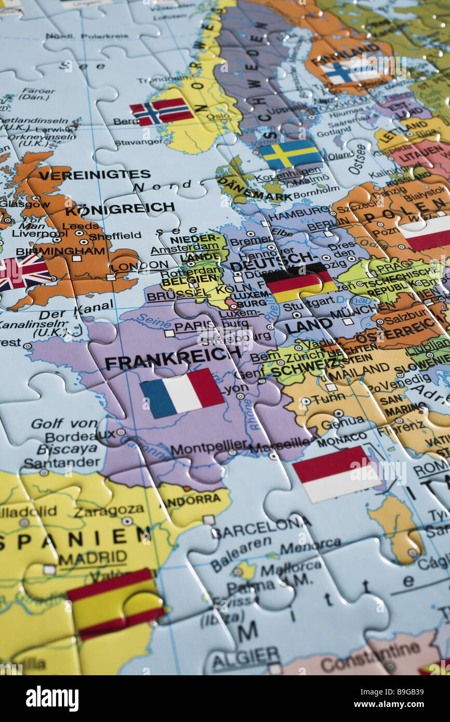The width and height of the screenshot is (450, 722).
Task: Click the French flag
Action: [182, 393]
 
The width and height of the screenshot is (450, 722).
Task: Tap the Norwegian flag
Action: [162, 111]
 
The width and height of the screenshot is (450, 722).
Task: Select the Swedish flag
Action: [290, 154]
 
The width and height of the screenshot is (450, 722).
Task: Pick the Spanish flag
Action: [115, 603]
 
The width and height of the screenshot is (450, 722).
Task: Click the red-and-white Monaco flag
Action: [337, 473]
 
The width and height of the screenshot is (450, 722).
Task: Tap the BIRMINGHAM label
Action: [60, 251]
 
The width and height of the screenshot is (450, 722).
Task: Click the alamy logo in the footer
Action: [52, 699]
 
